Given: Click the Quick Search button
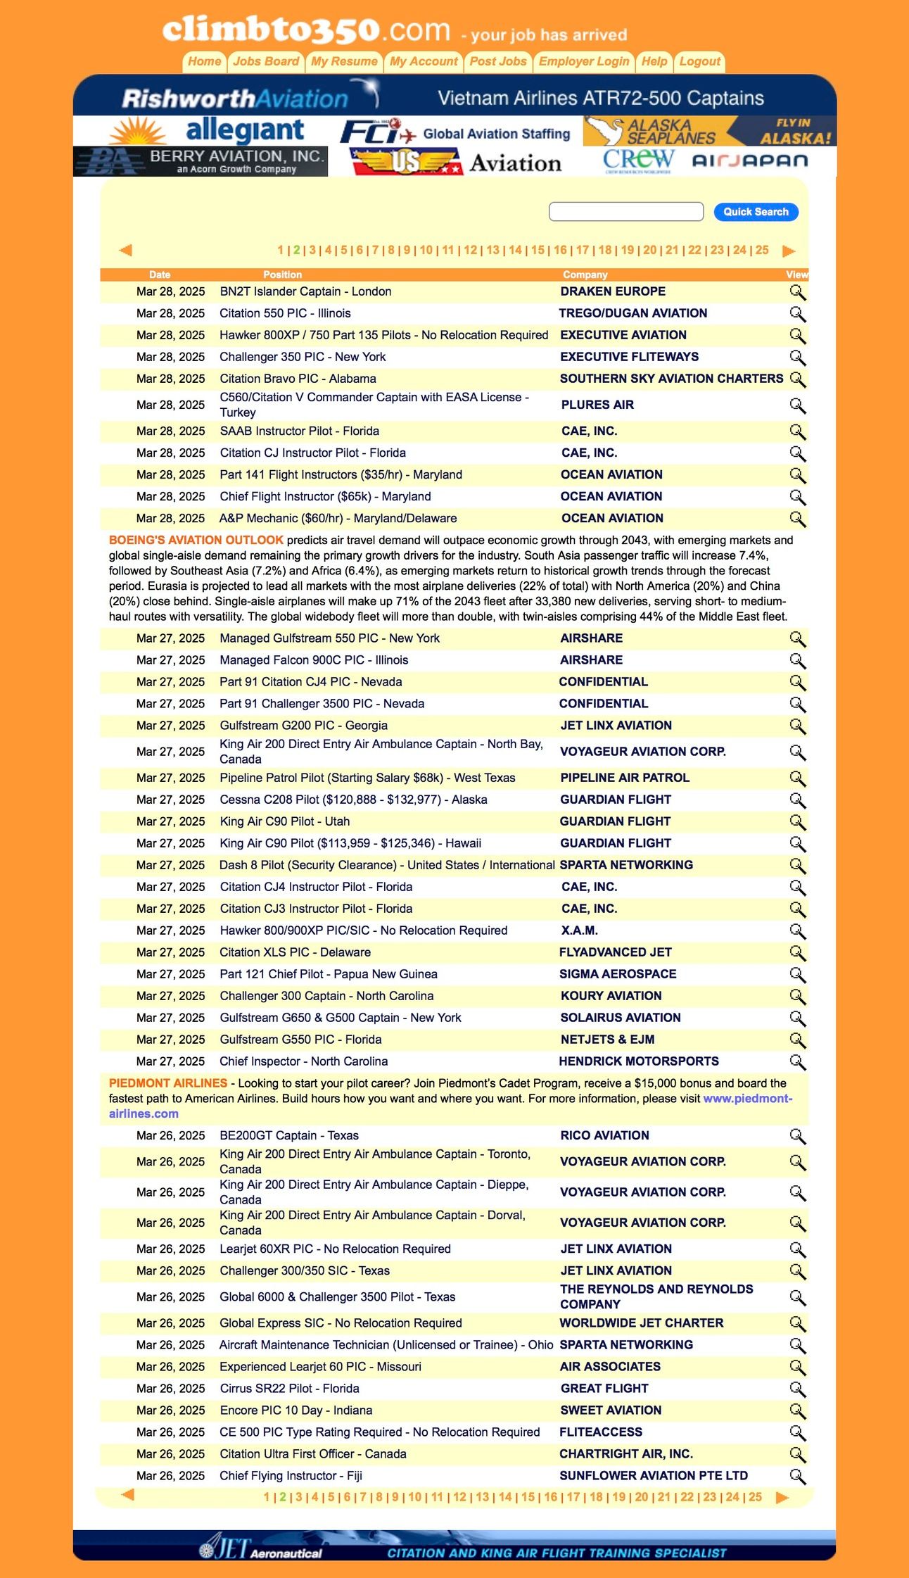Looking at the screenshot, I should (x=756, y=212).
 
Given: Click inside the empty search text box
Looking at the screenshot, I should (x=625, y=212).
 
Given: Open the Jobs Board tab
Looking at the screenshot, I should (x=266, y=61).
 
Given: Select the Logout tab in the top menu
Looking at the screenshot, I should (x=699, y=61).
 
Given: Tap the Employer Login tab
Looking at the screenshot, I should (x=584, y=61).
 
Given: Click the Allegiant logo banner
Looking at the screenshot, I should (x=208, y=131).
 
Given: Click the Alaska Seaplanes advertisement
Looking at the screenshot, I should (x=709, y=131).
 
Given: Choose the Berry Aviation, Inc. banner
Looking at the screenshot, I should (x=201, y=161).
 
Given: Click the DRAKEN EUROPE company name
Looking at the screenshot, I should (x=613, y=291).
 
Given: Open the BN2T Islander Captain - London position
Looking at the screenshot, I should (x=305, y=291).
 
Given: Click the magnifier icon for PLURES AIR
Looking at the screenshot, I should (x=797, y=405).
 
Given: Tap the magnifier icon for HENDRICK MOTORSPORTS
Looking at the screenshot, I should (x=797, y=1061).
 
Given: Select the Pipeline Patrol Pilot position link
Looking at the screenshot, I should (x=367, y=778).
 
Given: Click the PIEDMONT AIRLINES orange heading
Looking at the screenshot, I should (x=168, y=1083).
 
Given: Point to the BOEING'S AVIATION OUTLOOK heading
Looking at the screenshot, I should (x=196, y=540).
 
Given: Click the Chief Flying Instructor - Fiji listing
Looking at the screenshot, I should (x=291, y=1475).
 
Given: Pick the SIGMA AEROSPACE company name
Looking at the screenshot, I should (x=618, y=974).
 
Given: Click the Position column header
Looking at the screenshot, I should (x=282, y=274).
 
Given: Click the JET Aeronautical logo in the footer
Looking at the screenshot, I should (x=260, y=1549).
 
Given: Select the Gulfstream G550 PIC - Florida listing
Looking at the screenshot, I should (x=300, y=1040).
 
